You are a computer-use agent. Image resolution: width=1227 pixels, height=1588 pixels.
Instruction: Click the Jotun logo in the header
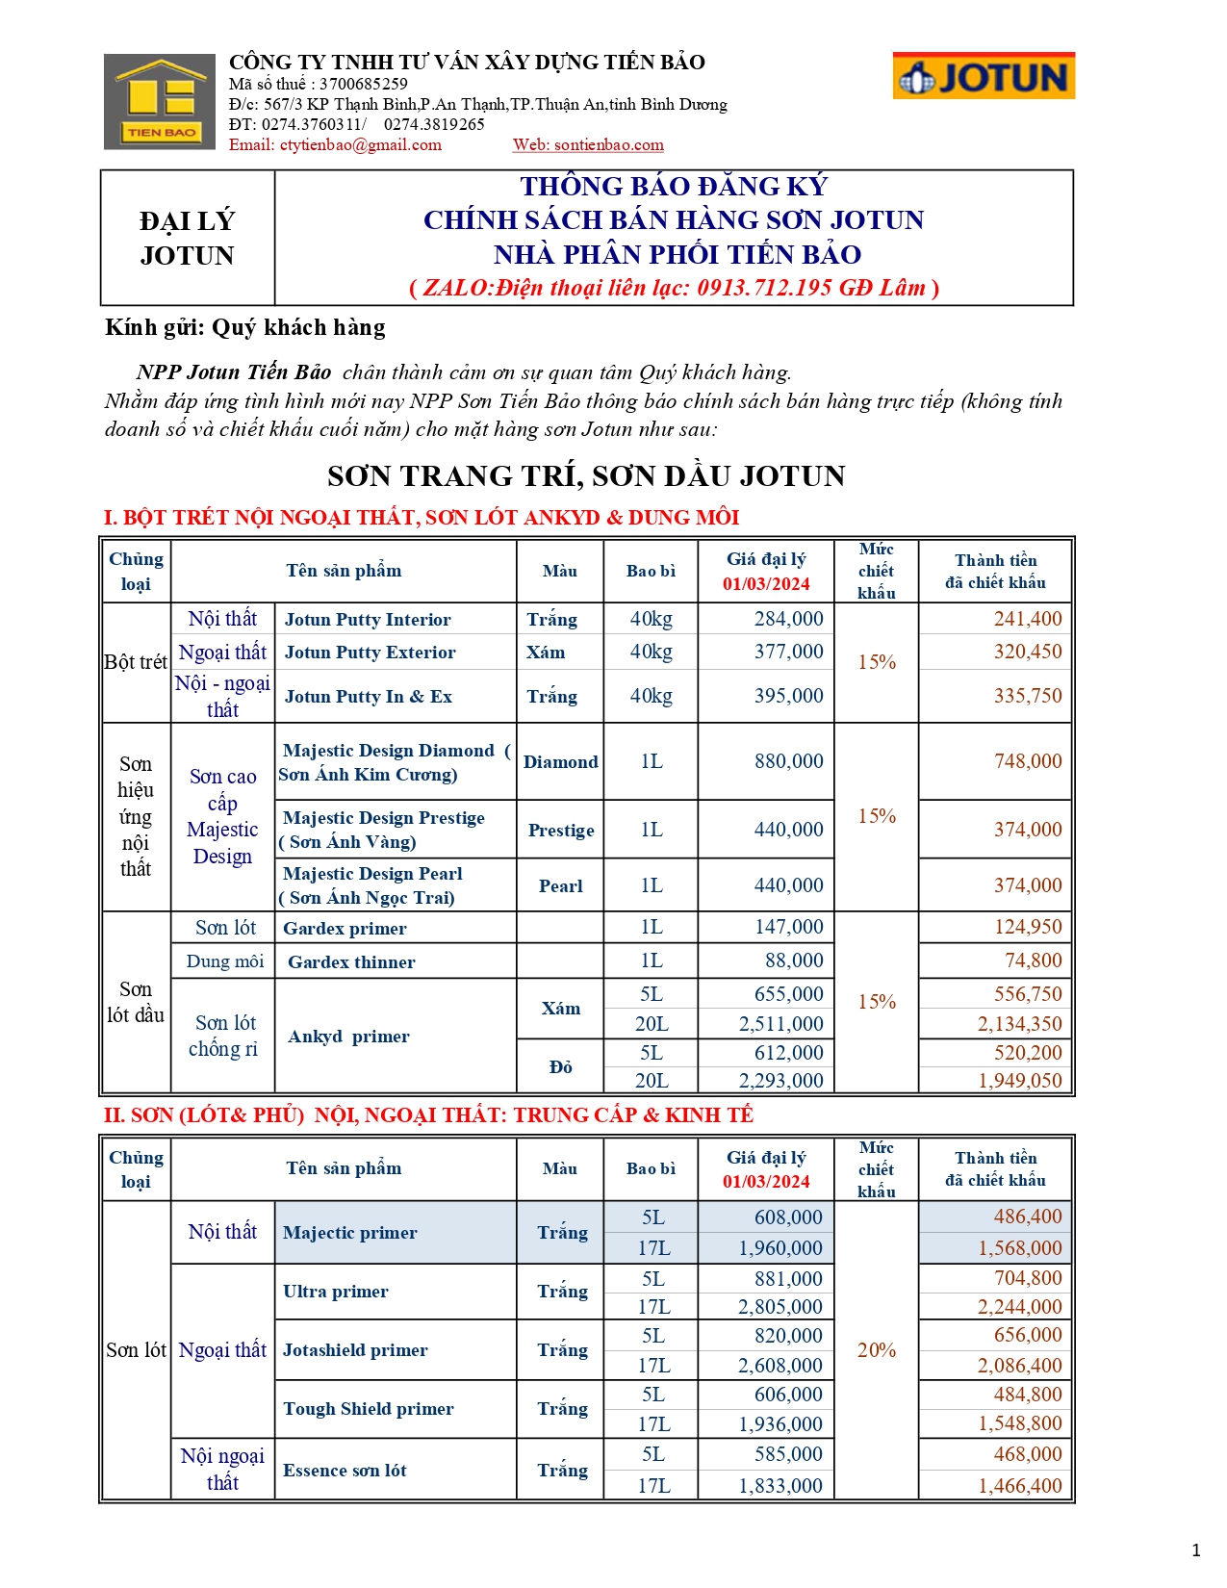(x=983, y=76)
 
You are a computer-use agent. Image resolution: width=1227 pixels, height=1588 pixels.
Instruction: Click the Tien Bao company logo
(x=160, y=101)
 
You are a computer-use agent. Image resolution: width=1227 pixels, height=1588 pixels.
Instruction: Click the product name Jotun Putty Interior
(x=368, y=620)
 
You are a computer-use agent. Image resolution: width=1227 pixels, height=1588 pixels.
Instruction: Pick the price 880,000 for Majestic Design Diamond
(x=788, y=761)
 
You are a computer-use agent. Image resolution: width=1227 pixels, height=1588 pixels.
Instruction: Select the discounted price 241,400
(x=1027, y=619)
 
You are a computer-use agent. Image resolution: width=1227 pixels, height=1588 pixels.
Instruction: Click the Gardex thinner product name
(x=351, y=961)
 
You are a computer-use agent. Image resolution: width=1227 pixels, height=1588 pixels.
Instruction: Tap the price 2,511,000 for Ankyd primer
(x=780, y=1024)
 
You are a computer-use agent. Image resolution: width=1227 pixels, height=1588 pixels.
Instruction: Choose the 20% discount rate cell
(x=876, y=1350)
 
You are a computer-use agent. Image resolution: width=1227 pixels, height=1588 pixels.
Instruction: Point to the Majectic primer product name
(x=350, y=1233)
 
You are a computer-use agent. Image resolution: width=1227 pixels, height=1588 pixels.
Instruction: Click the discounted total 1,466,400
(x=1019, y=1486)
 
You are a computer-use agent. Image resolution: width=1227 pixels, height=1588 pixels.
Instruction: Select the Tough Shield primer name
(x=368, y=1409)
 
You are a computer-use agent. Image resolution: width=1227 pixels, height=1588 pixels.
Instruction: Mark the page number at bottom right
(x=1196, y=1550)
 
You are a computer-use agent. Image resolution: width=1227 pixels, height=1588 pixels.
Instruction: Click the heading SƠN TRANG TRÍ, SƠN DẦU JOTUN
(x=586, y=476)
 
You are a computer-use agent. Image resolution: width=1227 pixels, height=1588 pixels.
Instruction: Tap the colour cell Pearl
(x=560, y=886)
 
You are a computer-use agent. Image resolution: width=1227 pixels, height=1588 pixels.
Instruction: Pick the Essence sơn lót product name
(x=345, y=1471)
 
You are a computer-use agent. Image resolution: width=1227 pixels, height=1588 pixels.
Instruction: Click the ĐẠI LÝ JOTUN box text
(x=187, y=239)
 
